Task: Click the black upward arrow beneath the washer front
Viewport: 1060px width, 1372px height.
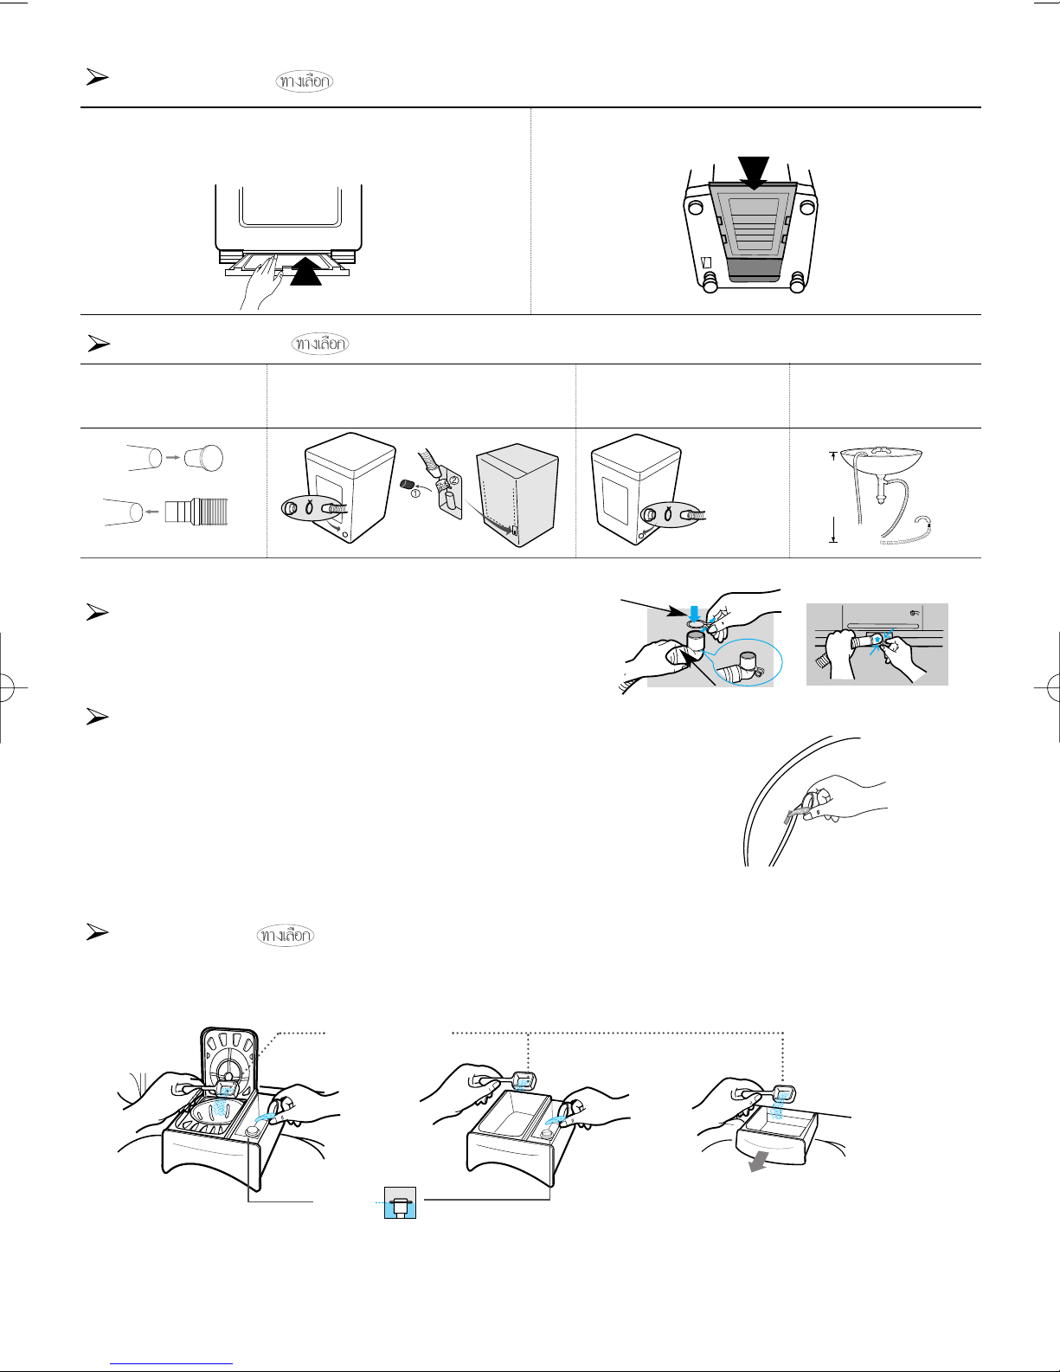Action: point(306,272)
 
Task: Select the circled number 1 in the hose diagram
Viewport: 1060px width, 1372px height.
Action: point(415,493)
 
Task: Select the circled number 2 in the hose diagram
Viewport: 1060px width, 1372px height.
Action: point(453,480)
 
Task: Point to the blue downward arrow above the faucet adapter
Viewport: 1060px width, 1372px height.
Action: point(695,615)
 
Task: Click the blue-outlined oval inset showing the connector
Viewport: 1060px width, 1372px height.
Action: point(747,662)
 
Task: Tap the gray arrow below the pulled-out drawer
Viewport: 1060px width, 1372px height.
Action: point(758,1161)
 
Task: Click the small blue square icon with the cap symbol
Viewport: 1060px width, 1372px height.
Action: point(400,1203)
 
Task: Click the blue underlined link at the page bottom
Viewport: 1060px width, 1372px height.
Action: point(171,1364)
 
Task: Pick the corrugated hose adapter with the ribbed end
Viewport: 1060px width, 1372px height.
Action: point(197,512)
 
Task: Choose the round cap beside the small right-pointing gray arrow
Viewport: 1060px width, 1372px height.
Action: point(203,457)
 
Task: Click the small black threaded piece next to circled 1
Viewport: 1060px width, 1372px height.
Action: point(407,484)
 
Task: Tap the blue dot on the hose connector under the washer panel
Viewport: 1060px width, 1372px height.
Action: point(877,640)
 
